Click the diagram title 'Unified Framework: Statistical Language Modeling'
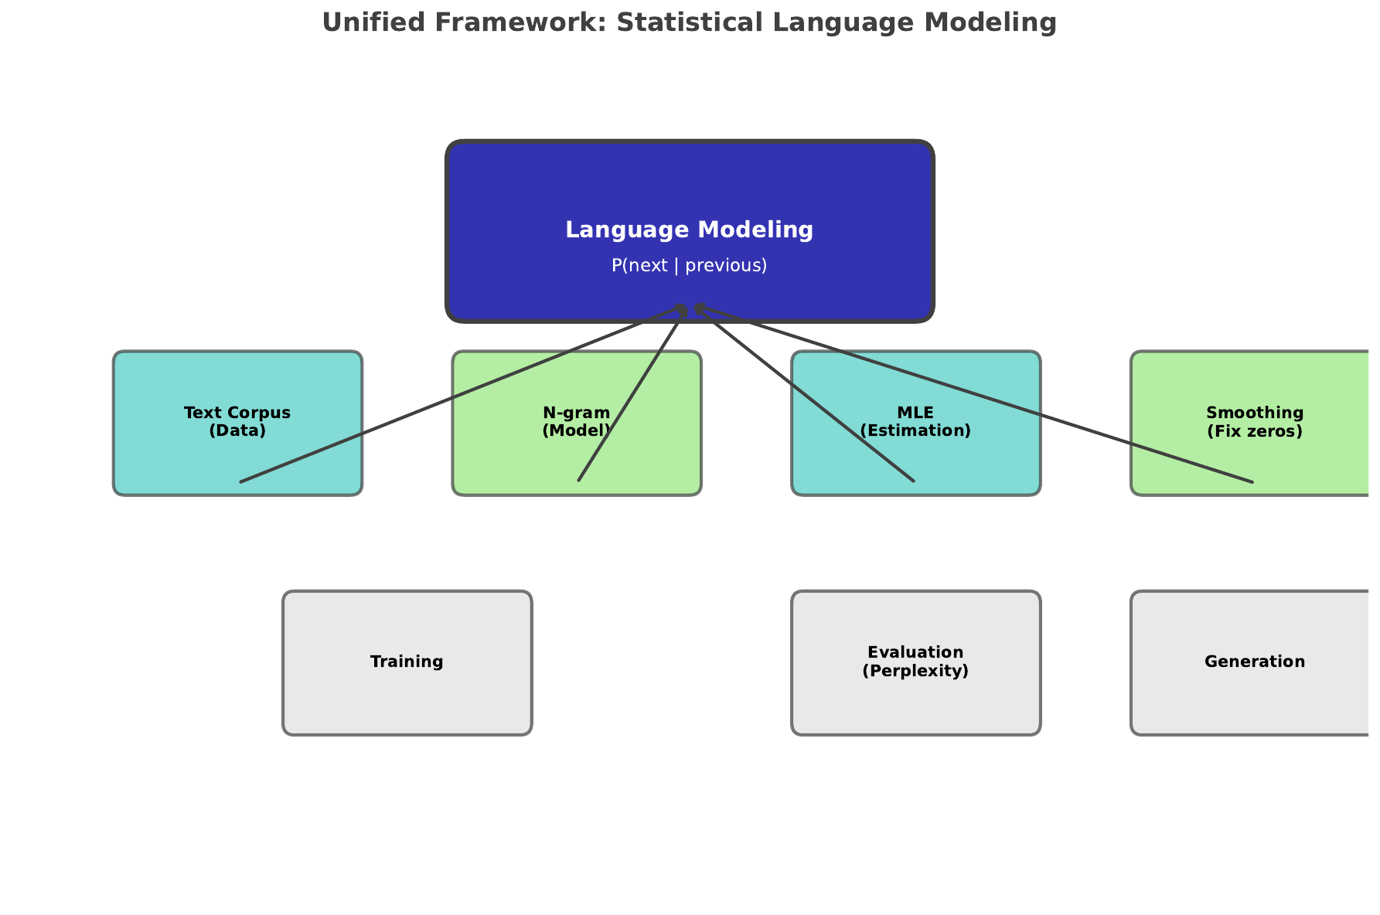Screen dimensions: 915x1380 689,23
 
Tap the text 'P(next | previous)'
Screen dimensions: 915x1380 689,266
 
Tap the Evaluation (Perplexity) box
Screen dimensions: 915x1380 915,703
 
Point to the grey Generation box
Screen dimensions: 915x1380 1254,696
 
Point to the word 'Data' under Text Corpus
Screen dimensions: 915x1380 237,431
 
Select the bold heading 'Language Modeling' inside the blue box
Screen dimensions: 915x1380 689,230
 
